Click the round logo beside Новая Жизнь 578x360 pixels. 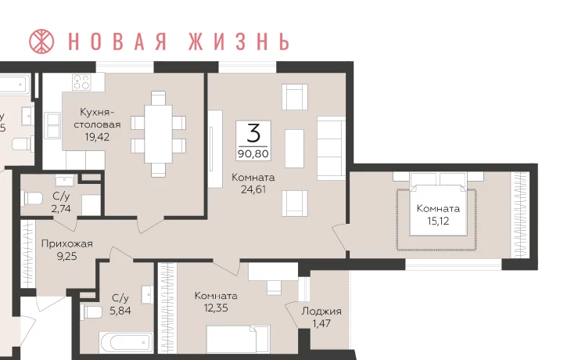coord(41,41)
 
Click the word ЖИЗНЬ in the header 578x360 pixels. coord(239,41)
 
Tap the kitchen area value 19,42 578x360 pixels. coord(97,137)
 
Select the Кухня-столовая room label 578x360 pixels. coord(97,118)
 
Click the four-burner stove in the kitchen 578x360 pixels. coord(82,82)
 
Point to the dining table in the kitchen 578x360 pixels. coord(158,134)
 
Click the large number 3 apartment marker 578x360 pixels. coord(253,133)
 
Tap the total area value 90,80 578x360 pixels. coord(253,153)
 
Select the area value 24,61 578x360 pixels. coord(253,189)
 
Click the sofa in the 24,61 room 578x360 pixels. coord(331,148)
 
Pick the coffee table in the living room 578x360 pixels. coord(295,148)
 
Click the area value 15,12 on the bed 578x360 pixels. coord(438,221)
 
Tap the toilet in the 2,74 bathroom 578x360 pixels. coord(32,198)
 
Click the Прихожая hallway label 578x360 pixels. coord(66,244)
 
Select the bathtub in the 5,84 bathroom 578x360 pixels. coord(126,342)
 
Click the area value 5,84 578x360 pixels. coord(120,311)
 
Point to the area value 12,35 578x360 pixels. coord(216,308)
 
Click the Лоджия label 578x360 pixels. coord(321,311)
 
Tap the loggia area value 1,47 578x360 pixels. coord(321,323)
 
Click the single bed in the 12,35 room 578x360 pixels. coord(238,339)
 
